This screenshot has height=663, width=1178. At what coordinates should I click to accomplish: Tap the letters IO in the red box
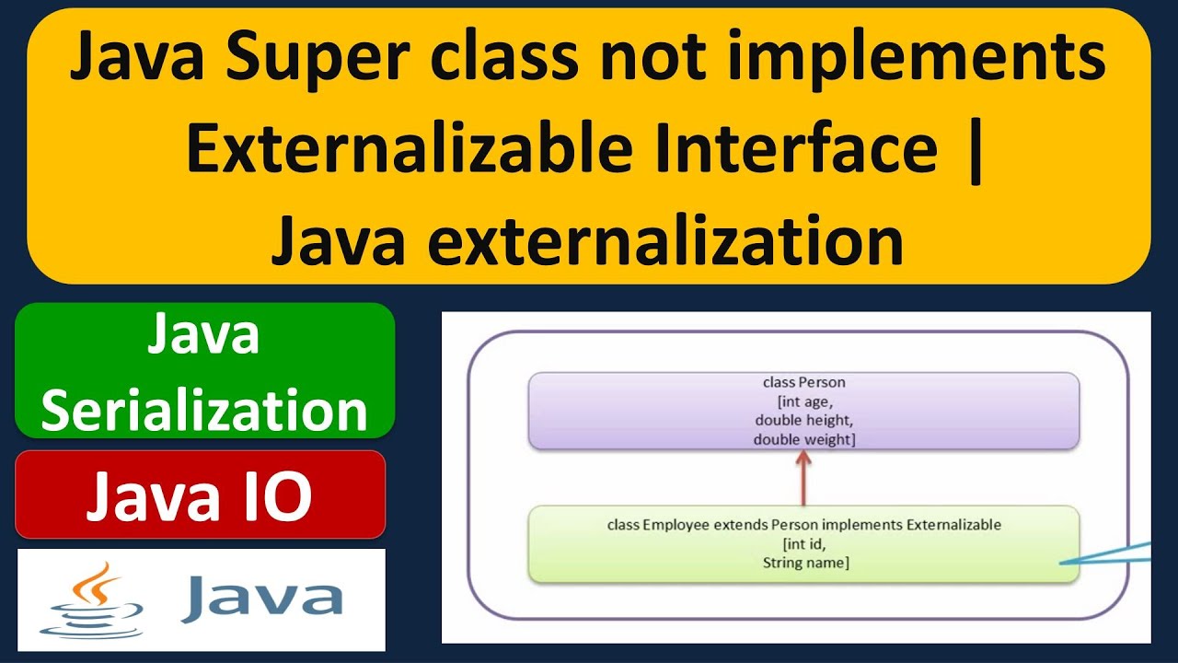272,498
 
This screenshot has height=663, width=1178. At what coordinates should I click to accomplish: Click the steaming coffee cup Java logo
98,599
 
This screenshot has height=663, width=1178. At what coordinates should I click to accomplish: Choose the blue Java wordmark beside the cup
261,598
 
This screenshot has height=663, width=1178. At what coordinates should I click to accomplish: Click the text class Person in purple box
803,382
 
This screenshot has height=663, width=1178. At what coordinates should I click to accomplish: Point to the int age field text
803,401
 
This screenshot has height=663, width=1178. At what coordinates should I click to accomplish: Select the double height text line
803,421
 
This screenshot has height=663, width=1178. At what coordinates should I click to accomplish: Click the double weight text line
803,440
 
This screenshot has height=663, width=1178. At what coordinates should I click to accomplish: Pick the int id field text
803,544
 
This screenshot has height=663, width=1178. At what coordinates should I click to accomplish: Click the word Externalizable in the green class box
953,525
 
